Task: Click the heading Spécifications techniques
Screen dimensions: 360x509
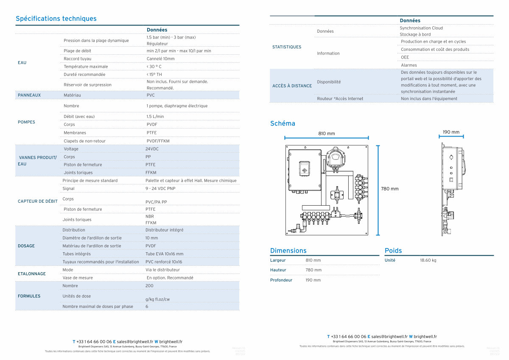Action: click(x=56, y=19)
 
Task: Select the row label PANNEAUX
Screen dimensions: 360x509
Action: click(x=29, y=95)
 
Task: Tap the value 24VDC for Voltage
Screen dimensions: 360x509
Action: click(x=153, y=149)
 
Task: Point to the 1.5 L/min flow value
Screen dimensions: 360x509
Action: click(x=155, y=116)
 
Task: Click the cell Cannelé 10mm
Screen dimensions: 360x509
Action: click(x=160, y=59)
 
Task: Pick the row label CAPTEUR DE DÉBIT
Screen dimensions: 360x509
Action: click(x=38, y=201)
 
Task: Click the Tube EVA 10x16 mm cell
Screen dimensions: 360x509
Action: click(x=165, y=254)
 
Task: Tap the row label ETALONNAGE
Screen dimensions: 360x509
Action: click(x=32, y=273)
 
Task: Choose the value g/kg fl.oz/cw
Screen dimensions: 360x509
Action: click(x=157, y=299)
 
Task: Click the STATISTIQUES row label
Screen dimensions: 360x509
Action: click(x=287, y=47)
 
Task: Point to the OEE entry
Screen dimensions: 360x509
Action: click(x=405, y=57)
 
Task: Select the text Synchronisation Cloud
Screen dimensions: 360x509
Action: click(x=421, y=28)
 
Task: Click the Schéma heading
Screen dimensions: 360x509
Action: click(x=282, y=124)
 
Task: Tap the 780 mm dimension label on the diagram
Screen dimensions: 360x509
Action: click(x=390, y=189)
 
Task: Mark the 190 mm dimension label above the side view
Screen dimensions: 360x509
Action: click(x=451, y=132)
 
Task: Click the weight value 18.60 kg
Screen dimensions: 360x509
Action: click(x=428, y=260)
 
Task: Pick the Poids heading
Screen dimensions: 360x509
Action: click(x=393, y=251)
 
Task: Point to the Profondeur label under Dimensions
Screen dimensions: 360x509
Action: click(x=281, y=280)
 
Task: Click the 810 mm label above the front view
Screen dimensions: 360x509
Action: click(x=327, y=134)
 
